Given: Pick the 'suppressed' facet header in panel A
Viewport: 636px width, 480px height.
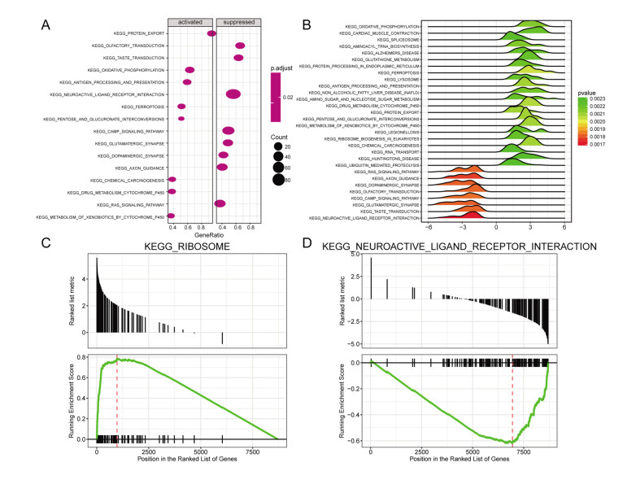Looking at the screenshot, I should pos(235,22).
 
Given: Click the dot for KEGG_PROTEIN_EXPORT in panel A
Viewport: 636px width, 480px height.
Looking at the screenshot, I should pos(211,33).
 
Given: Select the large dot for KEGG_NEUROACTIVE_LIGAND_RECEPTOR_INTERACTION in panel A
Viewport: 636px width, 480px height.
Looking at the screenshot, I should pos(233,95).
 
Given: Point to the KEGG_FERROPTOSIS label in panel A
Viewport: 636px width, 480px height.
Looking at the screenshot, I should pos(143,107).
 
